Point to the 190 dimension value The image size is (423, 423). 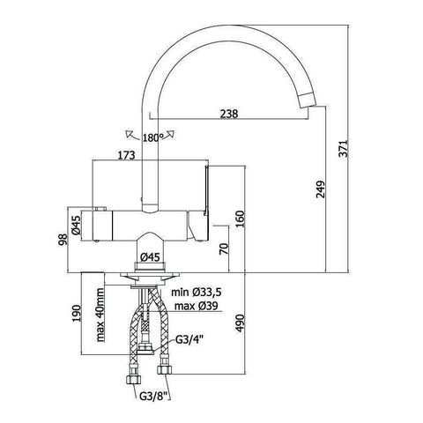[78, 315]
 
